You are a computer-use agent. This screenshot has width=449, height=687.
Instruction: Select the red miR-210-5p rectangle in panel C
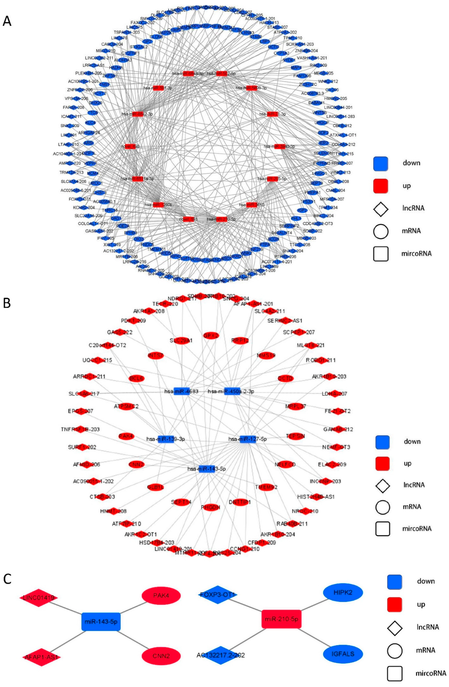pos(281,619)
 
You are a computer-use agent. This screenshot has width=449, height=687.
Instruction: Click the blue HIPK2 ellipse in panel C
pos(343,592)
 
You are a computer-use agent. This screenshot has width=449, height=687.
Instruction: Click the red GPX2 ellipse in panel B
pos(211,336)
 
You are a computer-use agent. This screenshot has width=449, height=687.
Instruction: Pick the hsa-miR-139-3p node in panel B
pos(166,439)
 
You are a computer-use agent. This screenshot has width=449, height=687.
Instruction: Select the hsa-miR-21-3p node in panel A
pos(273,114)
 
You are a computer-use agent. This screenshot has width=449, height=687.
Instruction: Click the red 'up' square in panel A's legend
pos(380,186)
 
